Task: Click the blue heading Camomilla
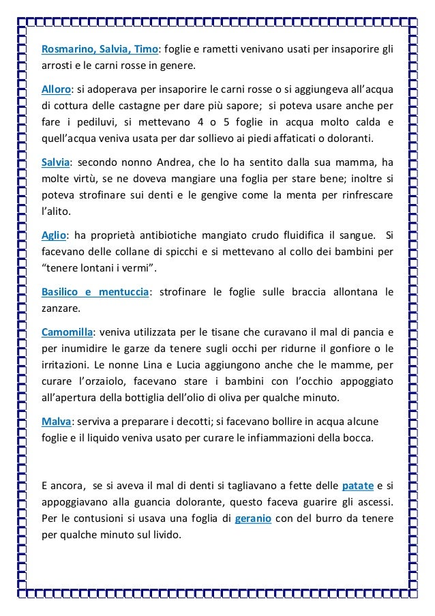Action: pyautogui.click(x=66, y=332)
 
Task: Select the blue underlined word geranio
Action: pyautogui.click(x=254, y=518)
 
